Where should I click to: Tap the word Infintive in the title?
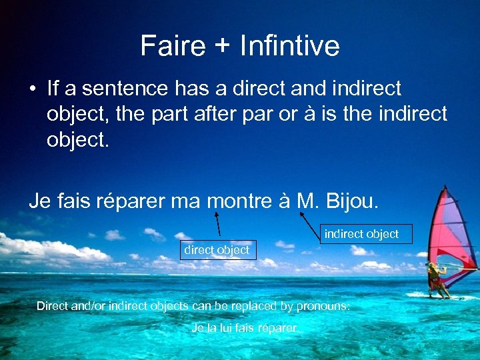tap(289, 46)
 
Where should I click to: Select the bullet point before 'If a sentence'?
tap(32, 89)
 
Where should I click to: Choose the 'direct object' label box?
tap(216, 250)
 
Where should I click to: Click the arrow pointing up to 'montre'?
tap(217, 225)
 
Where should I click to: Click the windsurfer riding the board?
tap(436, 278)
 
